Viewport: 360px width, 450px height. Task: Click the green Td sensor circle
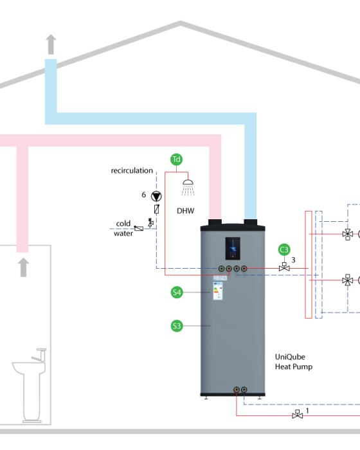pos(176,159)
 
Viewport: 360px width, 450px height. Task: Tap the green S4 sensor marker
pos(177,292)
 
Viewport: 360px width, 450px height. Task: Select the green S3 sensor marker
pos(177,326)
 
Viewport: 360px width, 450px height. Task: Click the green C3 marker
pos(284,249)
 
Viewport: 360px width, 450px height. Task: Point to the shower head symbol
pos(188,188)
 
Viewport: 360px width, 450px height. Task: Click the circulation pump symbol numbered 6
pos(156,196)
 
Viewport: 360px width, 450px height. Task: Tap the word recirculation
pos(132,170)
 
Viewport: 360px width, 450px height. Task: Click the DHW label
pos(185,211)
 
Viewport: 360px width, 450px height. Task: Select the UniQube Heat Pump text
pos(294,361)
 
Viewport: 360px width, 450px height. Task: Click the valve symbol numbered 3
pos(284,267)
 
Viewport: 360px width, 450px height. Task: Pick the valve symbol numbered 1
pos(298,415)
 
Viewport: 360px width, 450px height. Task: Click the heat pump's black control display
pos(233,248)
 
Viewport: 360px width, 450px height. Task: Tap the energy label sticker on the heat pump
pos(218,291)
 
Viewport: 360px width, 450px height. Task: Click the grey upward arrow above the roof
pos(51,44)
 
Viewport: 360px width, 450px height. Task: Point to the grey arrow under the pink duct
pos(24,267)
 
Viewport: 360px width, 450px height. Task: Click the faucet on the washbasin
pos(40,355)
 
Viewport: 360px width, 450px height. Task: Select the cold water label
pos(123,228)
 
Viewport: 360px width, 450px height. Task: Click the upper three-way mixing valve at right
pos(348,234)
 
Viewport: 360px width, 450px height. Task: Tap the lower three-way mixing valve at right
pos(348,280)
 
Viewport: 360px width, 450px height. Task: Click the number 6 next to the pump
pos(144,195)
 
